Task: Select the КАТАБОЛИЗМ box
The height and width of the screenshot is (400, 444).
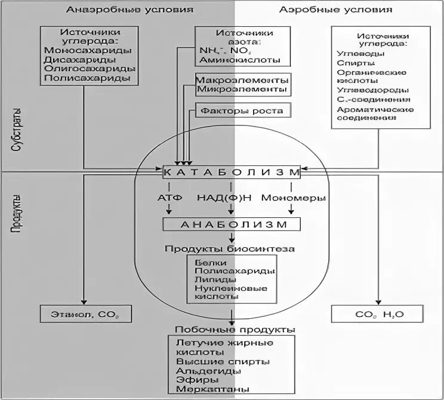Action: point(230,171)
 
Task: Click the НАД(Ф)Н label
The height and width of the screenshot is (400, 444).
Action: point(230,197)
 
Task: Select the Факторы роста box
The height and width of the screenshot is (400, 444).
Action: point(242,110)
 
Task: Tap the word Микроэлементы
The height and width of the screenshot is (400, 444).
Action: point(242,90)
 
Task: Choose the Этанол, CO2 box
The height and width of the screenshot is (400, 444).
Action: point(85,313)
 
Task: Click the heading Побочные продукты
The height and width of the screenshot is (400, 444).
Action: point(231,330)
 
